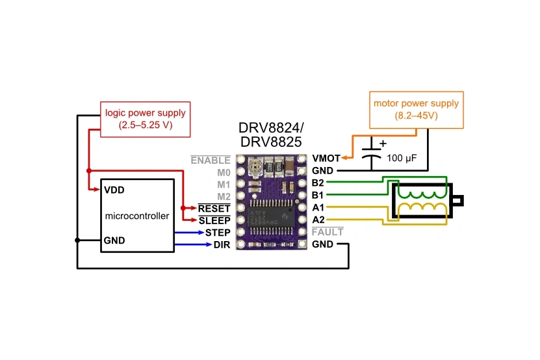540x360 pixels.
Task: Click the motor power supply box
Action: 416,109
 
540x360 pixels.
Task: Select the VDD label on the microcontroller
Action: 114,190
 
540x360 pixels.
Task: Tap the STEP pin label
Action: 218,233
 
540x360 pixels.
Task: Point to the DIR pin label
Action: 222,245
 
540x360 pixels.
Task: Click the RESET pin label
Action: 214,209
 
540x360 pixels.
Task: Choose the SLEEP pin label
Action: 214,221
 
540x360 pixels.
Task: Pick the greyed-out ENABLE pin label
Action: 211,160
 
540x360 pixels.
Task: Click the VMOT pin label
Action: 326,158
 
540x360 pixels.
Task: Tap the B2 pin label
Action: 318,183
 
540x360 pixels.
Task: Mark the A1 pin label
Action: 318,207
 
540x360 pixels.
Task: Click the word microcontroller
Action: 137,216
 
